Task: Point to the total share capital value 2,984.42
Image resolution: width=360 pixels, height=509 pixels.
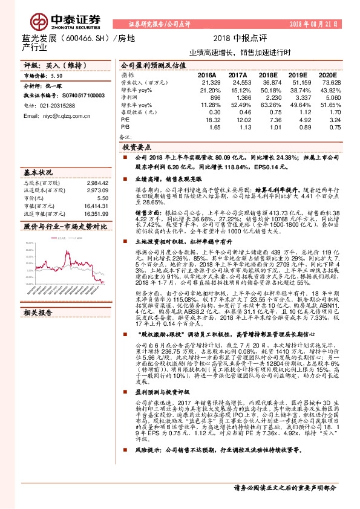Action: click(x=97, y=182)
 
